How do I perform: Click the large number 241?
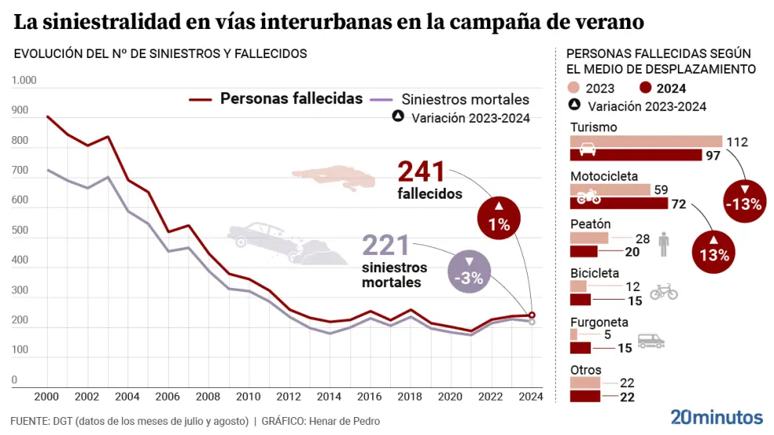click(421, 171)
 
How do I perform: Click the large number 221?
click(385, 246)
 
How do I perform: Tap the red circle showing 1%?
click(499, 217)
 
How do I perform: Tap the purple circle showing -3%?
click(470, 271)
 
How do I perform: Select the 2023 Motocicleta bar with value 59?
click(610, 189)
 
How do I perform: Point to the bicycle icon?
click(664, 292)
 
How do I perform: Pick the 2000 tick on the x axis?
click(47, 396)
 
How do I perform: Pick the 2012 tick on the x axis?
click(290, 396)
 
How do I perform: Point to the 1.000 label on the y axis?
click(23, 81)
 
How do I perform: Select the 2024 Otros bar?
click(585, 397)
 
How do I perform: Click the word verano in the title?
click(611, 23)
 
